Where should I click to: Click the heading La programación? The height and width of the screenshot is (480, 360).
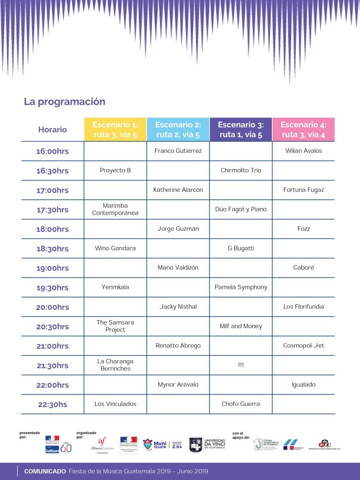pos(65,102)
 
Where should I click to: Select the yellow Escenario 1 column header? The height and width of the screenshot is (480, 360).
pos(115,129)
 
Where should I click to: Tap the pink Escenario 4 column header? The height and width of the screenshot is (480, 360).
pos(303,129)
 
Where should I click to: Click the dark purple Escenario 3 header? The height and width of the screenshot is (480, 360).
pos(241,129)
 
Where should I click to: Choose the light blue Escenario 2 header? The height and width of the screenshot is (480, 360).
pos(178,129)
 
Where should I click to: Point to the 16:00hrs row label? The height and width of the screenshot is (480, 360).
pos(52,151)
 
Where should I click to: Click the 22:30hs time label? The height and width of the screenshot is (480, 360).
pos(52,405)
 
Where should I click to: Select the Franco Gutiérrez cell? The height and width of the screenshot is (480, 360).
pos(178,151)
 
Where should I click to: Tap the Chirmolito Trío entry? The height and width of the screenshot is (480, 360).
pos(241,171)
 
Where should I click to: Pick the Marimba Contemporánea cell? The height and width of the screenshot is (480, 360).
pos(115,210)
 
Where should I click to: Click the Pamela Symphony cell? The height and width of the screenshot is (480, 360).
pos(241,287)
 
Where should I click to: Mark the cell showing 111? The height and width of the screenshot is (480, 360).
pos(241,365)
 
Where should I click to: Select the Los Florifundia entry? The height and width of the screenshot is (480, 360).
pos(303,307)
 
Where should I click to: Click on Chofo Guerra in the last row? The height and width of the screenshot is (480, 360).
pos(241,404)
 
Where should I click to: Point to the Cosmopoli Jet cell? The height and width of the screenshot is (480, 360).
pos(303,346)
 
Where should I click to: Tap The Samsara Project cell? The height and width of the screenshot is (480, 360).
pos(115,326)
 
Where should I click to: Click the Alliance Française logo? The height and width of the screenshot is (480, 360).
pos(102,444)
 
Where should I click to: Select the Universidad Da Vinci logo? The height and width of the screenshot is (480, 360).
pos(207,444)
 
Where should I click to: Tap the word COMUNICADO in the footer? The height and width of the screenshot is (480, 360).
pos(45,472)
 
